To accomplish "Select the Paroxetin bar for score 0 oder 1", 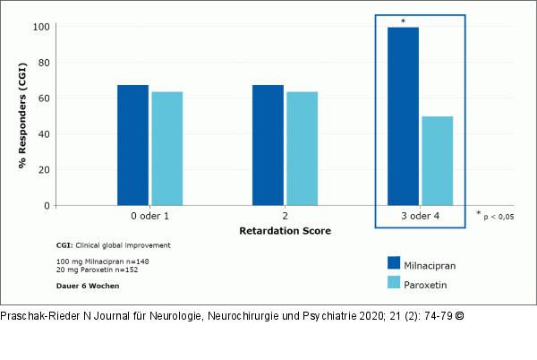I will pyautogui.click(x=166, y=149).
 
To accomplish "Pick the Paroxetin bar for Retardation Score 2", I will pyautogui.click(x=302, y=149).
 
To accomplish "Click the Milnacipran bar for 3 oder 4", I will pyautogui.click(x=403, y=116).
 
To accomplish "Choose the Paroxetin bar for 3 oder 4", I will pyautogui.click(x=437, y=161).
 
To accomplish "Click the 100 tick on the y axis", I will pyautogui.click(x=41, y=27).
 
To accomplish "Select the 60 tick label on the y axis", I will pyautogui.click(x=44, y=99).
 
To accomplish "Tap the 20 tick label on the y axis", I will pyautogui.click(x=44, y=170).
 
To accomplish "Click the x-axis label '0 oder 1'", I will pyautogui.click(x=149, y=216).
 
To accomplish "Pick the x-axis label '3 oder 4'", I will pyautogui.click(x=420, y=216).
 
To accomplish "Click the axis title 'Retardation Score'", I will pyautogui.click(x=285, y=231).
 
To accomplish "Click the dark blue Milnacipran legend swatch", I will pyautogui.click(x=395, y=262).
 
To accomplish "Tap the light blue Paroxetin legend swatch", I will pyautogui.click(x=395, y=283).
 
